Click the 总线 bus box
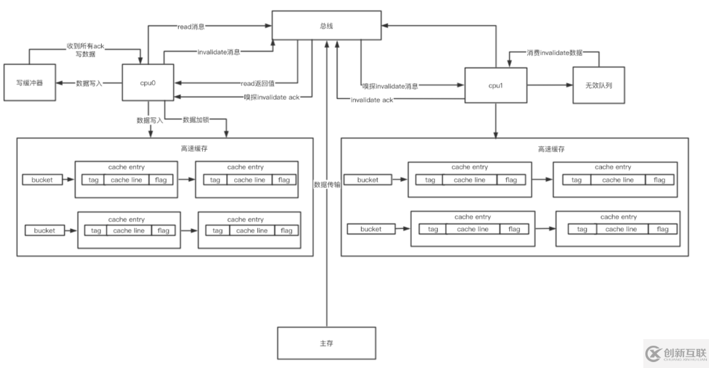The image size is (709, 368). pos(326,27)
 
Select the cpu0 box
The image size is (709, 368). pos(148,83)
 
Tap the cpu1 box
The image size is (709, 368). pos(496,85)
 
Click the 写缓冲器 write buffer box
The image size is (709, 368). pos(29,83)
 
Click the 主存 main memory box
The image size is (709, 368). pos(326,343)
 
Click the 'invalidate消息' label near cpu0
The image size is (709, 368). pos(219,51)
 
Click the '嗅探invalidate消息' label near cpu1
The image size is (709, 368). pos(391,86)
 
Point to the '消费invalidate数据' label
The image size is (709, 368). pos(555,52)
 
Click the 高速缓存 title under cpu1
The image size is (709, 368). pos(551,149)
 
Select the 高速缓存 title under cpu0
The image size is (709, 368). pos(194,149)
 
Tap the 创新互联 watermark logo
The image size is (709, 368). pos(675,353)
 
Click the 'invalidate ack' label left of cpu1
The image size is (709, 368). pos(372,100)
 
